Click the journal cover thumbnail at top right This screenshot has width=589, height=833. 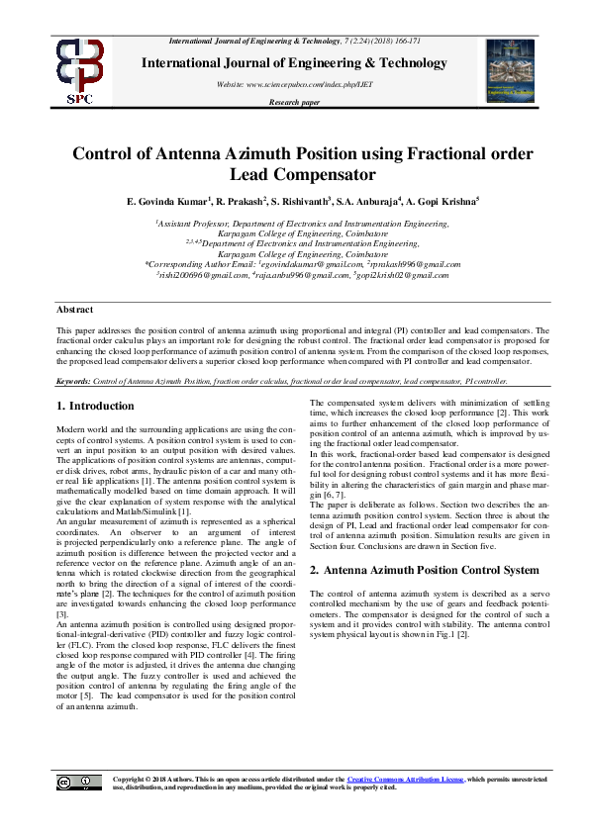click(x=511, y=70)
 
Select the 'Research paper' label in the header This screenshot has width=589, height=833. click(x=295, y=102)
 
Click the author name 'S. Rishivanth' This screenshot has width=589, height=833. click(x=296, y=202)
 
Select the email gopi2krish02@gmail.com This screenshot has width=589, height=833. click(x=407, y=276)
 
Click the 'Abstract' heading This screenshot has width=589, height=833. click(x=74, y=309)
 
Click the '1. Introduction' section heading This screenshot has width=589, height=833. click(x=96, y=406)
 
